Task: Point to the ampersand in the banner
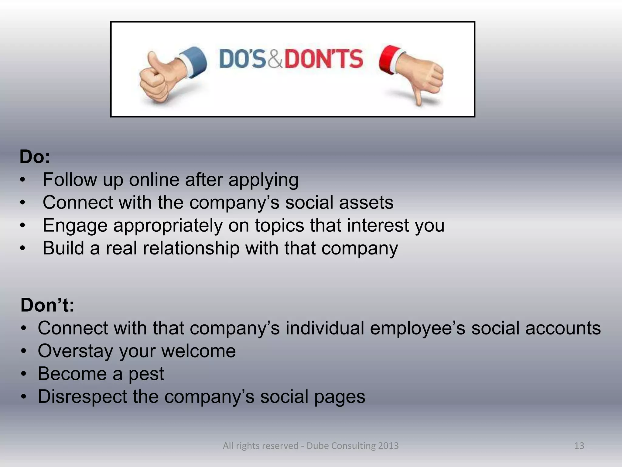275,59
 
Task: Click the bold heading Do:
35,157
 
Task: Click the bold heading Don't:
47,305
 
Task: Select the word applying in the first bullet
263,180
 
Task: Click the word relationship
191,248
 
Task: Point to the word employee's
418,328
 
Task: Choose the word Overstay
76,351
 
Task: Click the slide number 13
579,446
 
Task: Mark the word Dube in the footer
318,446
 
